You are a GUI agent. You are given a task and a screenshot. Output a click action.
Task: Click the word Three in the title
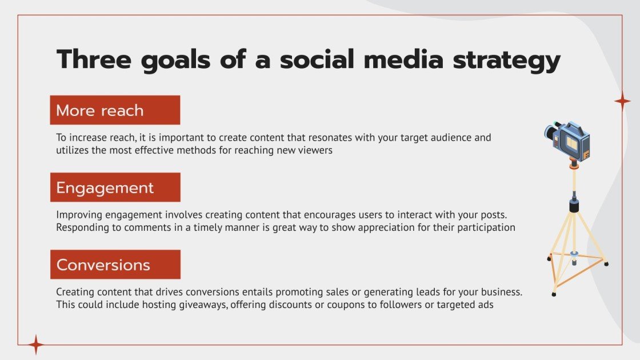(92, 60)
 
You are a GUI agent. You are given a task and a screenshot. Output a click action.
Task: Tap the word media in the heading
(398, 60)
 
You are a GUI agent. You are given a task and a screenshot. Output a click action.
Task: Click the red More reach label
(115, 110)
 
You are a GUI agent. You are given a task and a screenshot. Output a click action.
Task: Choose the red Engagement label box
(115, 187)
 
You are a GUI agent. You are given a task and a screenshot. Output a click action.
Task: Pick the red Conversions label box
(115, 265)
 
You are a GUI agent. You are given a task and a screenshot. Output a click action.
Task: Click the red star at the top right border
(622, 101)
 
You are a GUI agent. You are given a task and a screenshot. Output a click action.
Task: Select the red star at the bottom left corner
(36, 345)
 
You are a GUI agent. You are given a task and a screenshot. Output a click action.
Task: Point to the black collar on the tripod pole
(573, 205)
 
